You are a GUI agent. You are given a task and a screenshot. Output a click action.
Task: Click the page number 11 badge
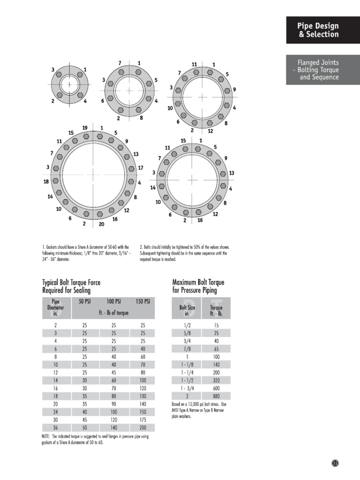[335, 463]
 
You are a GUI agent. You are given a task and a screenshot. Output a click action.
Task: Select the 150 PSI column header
[143, 301]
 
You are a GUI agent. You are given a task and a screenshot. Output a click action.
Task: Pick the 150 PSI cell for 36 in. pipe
[143, 428]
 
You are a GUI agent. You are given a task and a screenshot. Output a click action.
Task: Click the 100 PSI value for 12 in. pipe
[113, 373]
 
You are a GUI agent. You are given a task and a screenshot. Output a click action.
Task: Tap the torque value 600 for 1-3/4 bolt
[216, 388]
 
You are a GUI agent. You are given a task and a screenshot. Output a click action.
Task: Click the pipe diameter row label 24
[56, 412]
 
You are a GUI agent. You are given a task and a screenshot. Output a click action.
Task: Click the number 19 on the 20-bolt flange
[85, 128]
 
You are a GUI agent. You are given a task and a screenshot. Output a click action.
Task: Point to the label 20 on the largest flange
[102, 224]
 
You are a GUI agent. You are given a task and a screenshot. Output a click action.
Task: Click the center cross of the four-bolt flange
[69, 84]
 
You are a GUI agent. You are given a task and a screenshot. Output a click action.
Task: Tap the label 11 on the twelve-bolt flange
[194, 64]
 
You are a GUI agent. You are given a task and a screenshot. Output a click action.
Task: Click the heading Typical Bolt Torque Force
[71, 283]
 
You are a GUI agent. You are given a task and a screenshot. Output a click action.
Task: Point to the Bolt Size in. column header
[187, 310]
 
